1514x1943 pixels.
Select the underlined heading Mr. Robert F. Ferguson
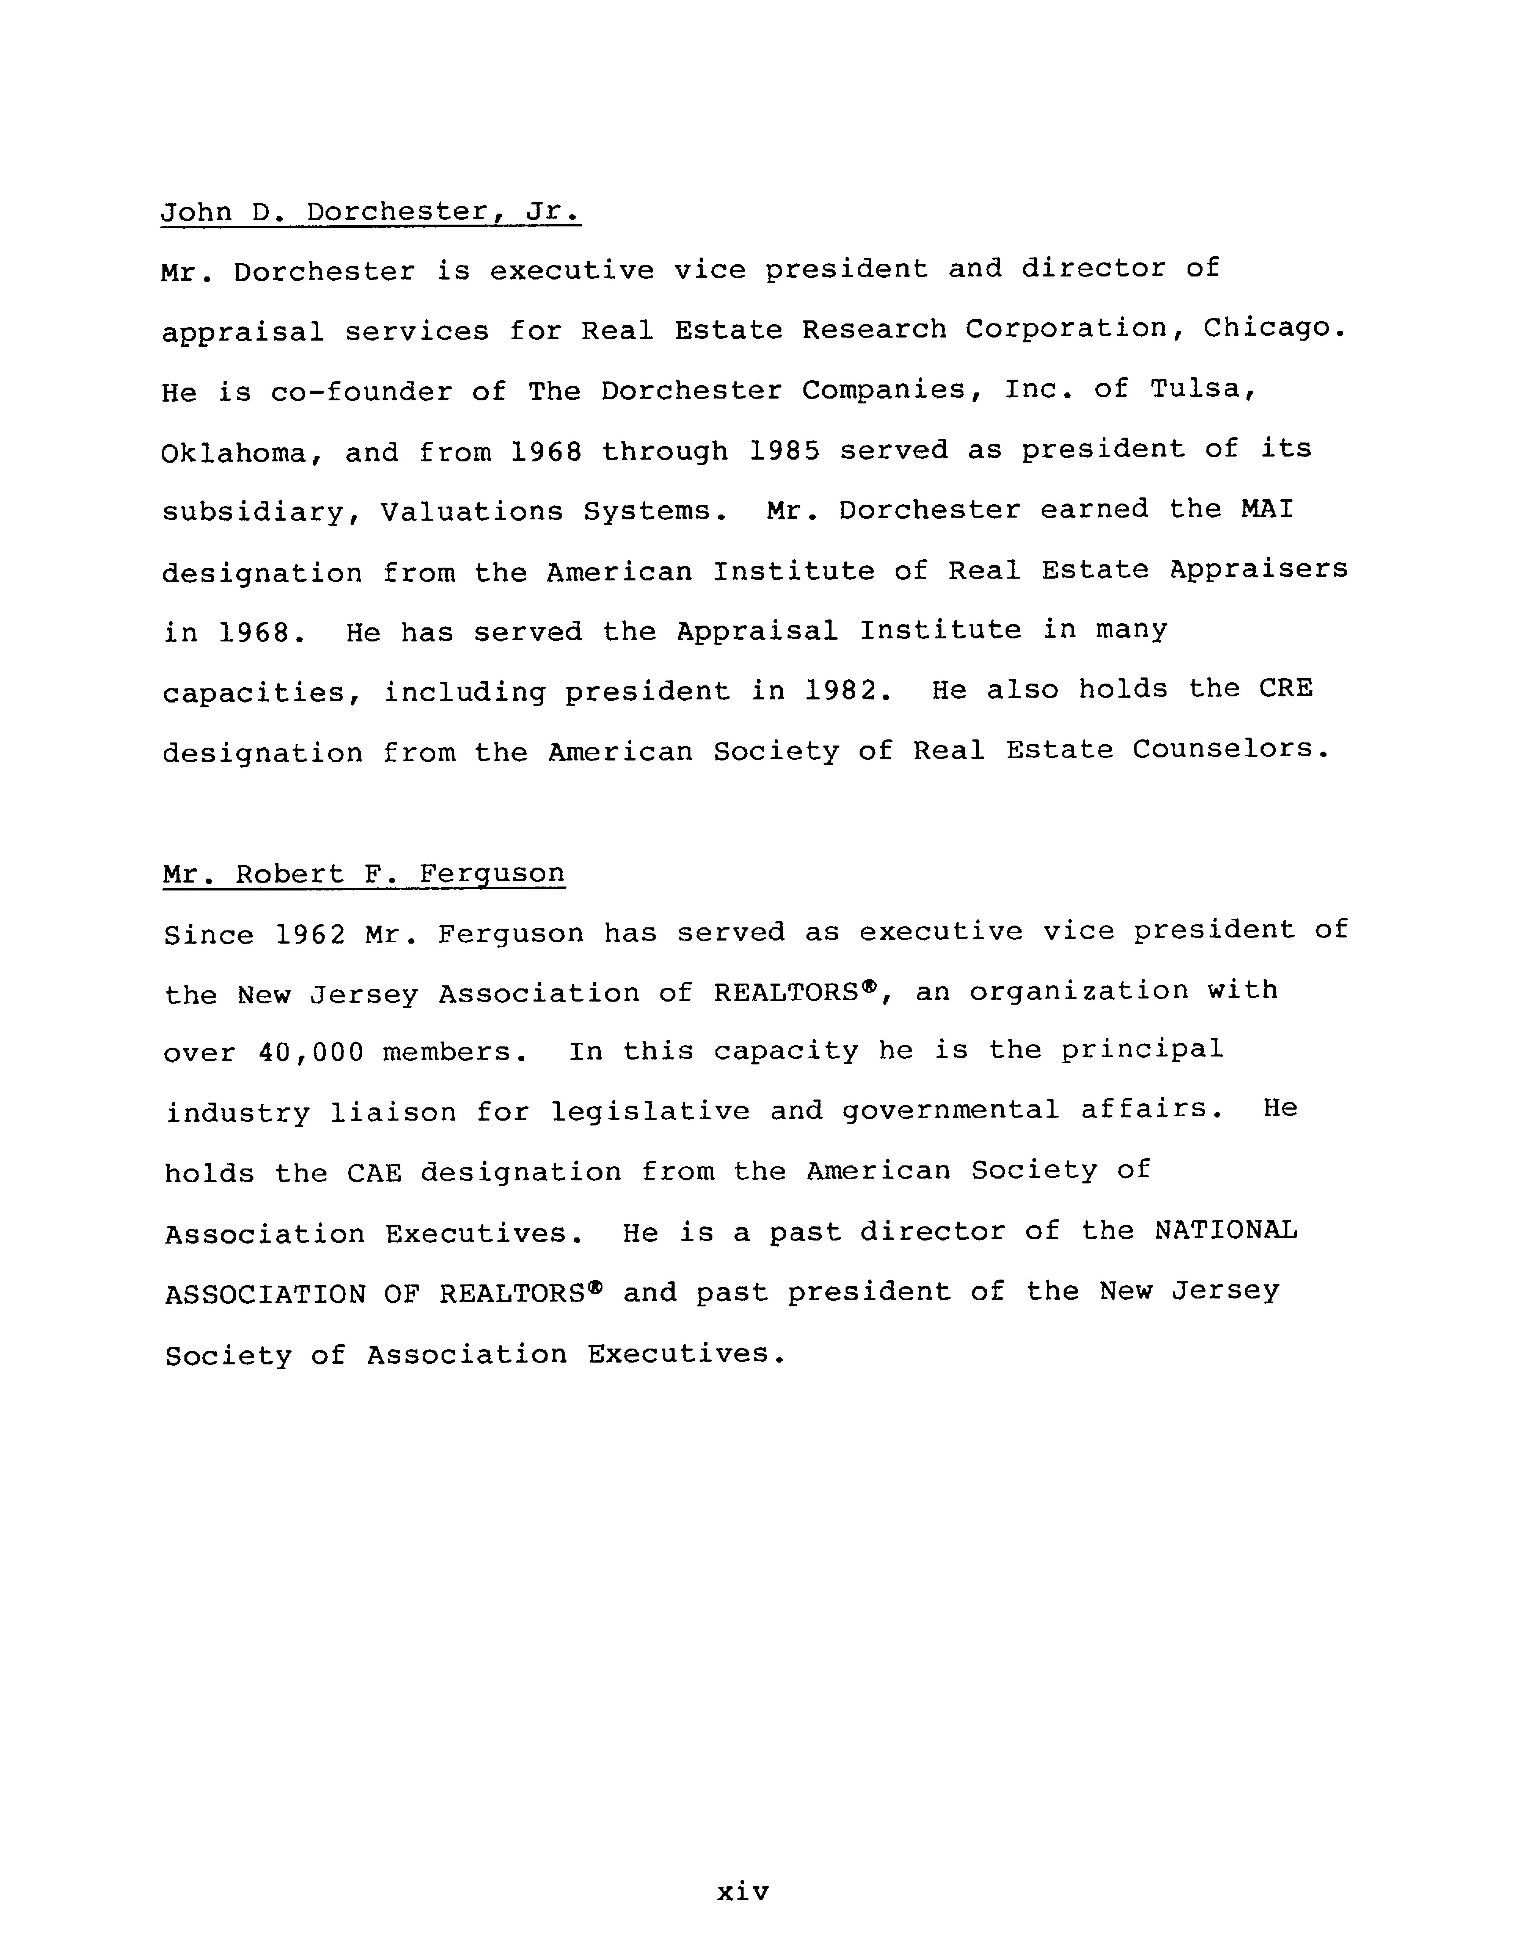[364, 874]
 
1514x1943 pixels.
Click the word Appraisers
[1258, 569]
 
